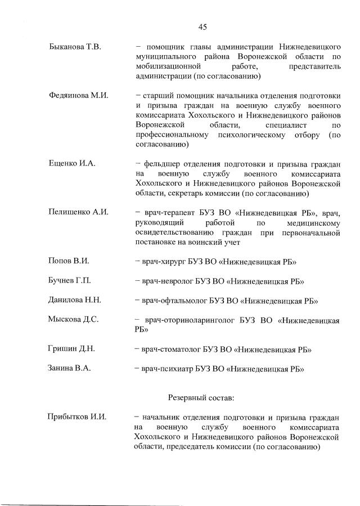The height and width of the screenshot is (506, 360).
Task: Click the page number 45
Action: click(203, 26)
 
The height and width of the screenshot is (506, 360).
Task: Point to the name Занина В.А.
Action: click(70, 369)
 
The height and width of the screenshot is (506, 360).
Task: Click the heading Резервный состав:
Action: click(201, 397)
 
